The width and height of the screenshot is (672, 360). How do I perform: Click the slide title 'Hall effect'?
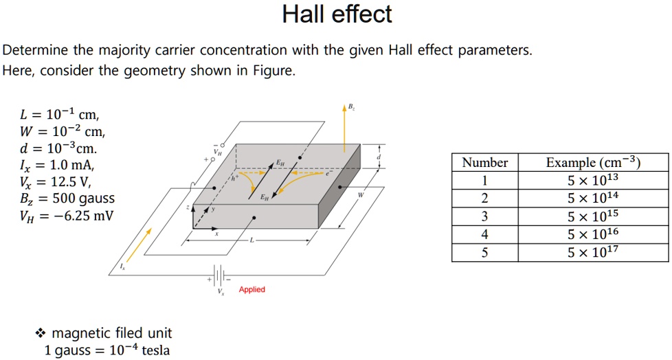coord(337,14)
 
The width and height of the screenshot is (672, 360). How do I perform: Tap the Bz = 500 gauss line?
coord(67,199)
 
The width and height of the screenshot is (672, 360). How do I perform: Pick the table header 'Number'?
coord(484,163)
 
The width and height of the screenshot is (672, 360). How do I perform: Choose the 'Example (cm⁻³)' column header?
coord(593,163)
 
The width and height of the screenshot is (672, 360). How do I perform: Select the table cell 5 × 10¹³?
coord(593,181)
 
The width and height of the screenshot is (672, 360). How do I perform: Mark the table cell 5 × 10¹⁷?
coord(593,252)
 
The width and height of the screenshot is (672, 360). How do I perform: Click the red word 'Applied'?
coord(251,290)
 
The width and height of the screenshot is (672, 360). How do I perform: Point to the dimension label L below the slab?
coord(251,241)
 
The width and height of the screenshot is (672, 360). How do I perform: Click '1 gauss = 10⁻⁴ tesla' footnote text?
coord(107,350)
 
